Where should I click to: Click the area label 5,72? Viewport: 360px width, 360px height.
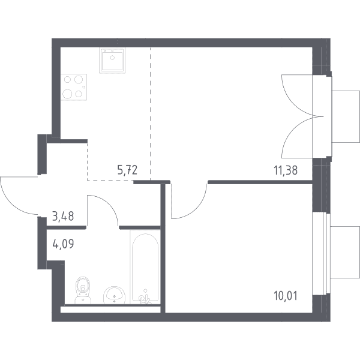(127, 170)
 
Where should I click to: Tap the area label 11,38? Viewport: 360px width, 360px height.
(286, 170)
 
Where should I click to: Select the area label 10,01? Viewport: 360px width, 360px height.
(286, 296)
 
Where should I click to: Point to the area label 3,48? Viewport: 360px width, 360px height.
(63, 216)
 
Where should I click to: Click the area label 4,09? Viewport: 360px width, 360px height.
(63, 244)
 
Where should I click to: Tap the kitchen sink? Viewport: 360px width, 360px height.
(112, 61)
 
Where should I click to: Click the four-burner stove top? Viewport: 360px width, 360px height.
(74, 87)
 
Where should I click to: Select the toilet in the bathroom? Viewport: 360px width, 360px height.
(83, 290)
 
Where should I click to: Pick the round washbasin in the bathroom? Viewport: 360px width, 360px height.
(114, 295)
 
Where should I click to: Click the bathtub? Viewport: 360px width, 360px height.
(145, 267)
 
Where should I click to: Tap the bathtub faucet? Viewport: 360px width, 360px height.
(145, 298)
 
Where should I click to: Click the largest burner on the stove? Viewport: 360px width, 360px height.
(67, 94)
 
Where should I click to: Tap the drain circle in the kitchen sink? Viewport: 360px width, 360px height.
(112, 58)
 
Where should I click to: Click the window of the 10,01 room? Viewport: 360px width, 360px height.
(322, 254)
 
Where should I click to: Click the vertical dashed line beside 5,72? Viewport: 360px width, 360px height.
(151, 114)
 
